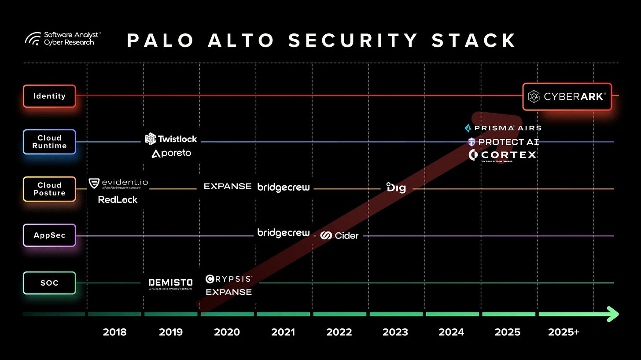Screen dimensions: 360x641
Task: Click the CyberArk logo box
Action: click(x=567, y=96)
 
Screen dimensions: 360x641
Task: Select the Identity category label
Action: click(x=49, y=96)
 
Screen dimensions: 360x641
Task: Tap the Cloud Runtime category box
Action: click(x=49, y=142)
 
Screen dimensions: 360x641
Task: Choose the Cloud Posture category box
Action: click(x=49, y=189)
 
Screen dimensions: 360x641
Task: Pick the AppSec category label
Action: click(x=49, y=235)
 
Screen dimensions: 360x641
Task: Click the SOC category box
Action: click(x=49, y=283)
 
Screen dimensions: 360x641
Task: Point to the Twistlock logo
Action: click(x=171, y=139)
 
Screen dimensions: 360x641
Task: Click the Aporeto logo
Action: click(x=171, y=154)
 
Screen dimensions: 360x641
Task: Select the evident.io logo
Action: click(x=118, y=184)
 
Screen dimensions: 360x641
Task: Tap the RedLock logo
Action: click(x=118, y=199)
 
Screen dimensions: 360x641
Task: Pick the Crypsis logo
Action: click(x=228, y=279)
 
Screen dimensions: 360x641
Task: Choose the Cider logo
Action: click(x=339, y=235)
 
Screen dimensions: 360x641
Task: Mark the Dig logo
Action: click(x=396, y=188)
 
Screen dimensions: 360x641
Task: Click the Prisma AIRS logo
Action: click(x=503, y=128)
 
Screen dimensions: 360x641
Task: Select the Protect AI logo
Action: click(x=503, y=142)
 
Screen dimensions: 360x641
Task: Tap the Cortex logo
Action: click(x=502, y=155)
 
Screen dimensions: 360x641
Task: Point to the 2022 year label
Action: click(x=339, y=332)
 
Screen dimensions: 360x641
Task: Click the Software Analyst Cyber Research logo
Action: click(x=63, y=38)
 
